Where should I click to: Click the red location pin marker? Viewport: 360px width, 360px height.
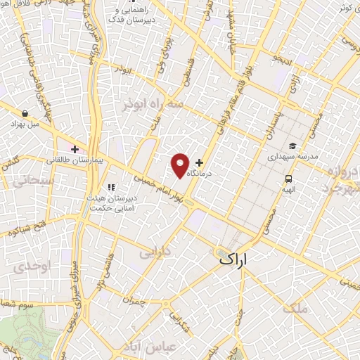coord(181,165)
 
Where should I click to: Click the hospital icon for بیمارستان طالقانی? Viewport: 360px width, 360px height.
coord(75,149)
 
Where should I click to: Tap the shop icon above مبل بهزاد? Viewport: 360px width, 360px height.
coord(26,113)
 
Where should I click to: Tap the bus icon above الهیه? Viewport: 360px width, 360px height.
coord(288,178)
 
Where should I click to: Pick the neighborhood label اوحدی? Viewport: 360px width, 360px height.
coord(28,268)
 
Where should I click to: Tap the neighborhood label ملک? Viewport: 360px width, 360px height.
coord(294,308)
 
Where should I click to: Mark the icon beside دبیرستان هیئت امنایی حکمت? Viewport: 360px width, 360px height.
coord(110,187)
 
